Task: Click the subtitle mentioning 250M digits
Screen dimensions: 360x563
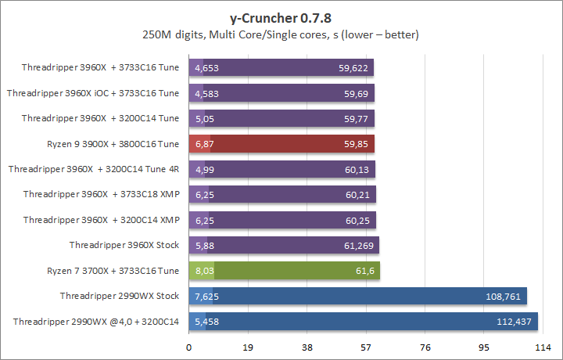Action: pyautogui.click(x=281, y=35)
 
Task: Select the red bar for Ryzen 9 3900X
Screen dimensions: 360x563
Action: pyautogui.click(x=281, y=144)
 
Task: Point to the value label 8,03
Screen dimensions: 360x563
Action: pyautogui.click(x=203, y=271)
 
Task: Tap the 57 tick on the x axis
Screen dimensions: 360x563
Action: pyautogui.click(x=365, y=347)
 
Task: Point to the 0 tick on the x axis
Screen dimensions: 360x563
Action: pyautogui.click(x=188, y=347)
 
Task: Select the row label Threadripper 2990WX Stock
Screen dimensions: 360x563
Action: pyautogui.click(x=119, y=297)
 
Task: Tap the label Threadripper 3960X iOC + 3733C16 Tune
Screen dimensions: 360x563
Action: pyautogui.click(x=93, y=93)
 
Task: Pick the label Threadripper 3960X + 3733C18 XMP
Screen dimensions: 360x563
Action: pyautogui.click(x=102, y=195)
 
